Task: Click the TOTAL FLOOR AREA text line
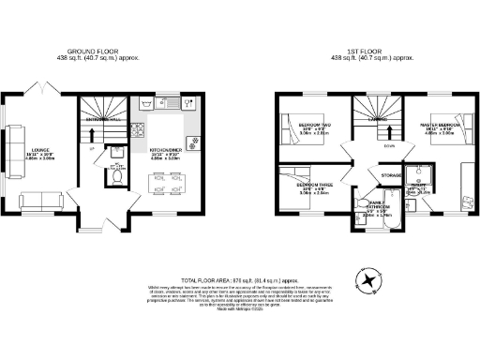[241, 279]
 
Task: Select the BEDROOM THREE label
[314, 185]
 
